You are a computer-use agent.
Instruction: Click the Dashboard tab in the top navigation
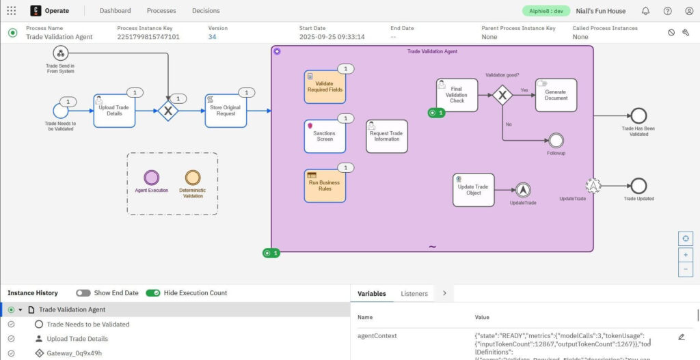tap(115, 11)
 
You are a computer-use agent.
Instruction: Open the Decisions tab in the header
tap(206, 11)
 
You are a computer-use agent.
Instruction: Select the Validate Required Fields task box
tap(325, 87)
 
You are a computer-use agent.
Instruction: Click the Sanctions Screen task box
tap(325, 136)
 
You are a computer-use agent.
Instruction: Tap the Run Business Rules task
tap(325, 186)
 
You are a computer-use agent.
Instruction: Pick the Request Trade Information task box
tap(387, 136)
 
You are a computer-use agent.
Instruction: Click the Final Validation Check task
tap(457, 95)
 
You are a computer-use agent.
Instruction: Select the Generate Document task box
tap(556, 95)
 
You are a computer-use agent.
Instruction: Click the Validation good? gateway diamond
tap(502, 95)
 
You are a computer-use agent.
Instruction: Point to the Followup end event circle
tap(556, 140)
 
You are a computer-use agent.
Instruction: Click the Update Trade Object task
tap(473, 189)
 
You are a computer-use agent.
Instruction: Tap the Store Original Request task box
tap(226, 111)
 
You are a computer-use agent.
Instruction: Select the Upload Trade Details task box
tap(114, 111)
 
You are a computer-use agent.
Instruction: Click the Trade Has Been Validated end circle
tap(638, 115)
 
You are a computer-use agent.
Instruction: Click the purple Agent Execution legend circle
tap(151, 177)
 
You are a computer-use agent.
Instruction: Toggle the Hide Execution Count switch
tap(153, 293)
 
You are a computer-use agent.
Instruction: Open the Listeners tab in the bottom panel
tap(414, 294)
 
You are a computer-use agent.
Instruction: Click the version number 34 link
tap(213, 37)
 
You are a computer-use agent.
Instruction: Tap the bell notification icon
tap(645, 11)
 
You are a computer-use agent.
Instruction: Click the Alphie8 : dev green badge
tap(546, 11)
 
